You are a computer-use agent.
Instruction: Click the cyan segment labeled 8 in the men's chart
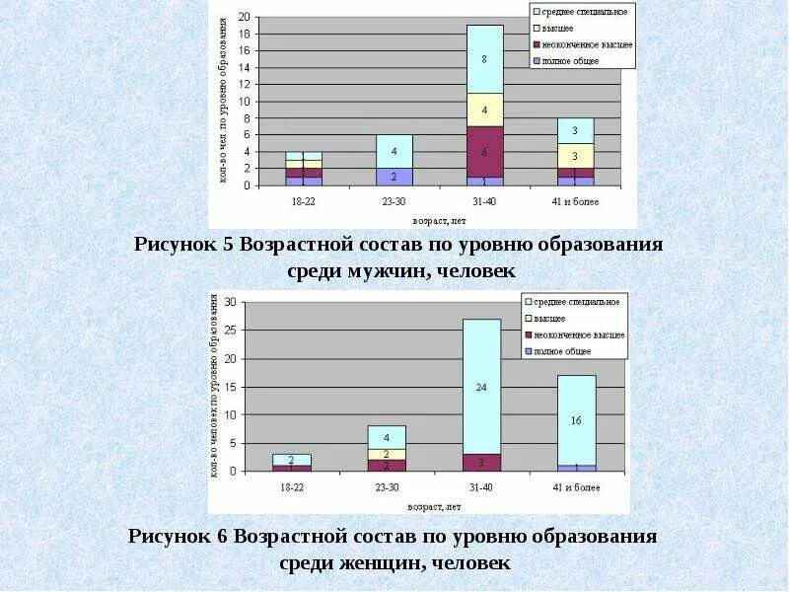[484, 59]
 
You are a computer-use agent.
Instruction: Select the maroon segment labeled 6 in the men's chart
[484, 152]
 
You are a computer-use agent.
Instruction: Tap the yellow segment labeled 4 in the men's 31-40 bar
[484, 110]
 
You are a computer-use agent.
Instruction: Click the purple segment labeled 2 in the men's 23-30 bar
[394, 177]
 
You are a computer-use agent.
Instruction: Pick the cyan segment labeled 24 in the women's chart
[481, 387]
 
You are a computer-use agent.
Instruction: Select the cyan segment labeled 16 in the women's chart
[577, 419]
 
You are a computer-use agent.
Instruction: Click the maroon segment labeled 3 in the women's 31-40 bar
[481, 462]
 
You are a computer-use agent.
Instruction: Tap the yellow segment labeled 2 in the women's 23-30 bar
[387, 454]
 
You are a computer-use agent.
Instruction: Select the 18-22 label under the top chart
[304, 200]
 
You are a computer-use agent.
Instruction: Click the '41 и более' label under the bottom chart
[578, 487]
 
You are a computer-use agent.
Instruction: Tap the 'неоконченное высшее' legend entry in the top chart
[588, 44]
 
